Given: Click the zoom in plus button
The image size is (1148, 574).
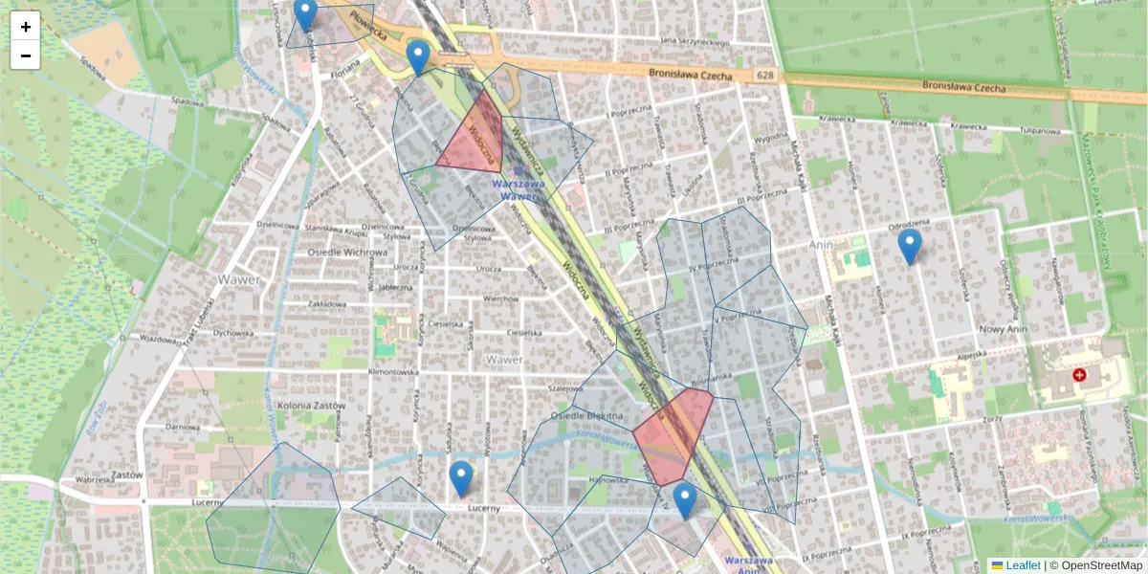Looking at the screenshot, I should coord(26,27).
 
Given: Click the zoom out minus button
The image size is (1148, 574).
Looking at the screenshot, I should coord(26,55).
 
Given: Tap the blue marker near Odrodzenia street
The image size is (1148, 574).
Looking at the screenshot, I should coord(910,247).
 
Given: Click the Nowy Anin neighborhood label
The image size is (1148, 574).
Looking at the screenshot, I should coord(1002,328).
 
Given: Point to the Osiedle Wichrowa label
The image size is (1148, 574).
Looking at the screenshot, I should coord(347,253).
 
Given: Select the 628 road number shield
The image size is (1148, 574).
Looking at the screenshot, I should coord(764,76).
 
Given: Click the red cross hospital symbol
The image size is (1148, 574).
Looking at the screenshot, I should coord(1080,376).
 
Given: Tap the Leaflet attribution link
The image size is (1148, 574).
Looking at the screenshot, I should coord(1022,565).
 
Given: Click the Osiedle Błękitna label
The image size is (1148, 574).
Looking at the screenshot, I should coord(587,415).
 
